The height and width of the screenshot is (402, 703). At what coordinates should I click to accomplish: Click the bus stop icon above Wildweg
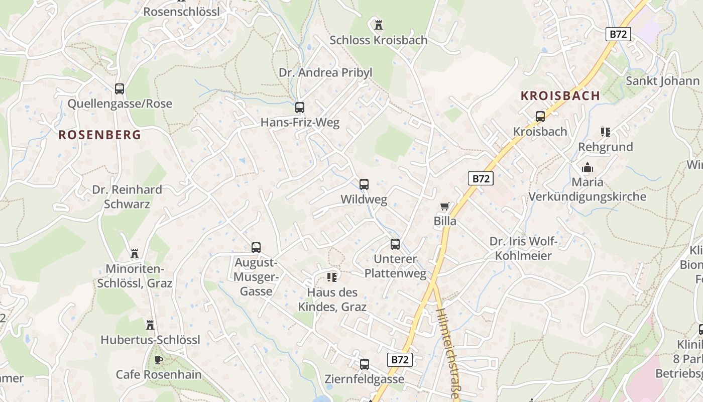(x=364, y=184)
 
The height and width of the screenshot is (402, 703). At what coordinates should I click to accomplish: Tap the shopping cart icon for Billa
(x=444, y=207)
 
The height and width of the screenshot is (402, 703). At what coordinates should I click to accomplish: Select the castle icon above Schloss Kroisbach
(x=379, y=24)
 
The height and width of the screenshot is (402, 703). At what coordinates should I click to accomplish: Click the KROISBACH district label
(x=560, y=95)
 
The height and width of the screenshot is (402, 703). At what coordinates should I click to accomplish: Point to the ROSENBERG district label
(x=99, y=135)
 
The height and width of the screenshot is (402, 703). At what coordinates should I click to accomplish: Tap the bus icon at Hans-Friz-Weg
(x=300, y=108)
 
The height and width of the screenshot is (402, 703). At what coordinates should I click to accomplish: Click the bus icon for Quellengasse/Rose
(x=120, y=89)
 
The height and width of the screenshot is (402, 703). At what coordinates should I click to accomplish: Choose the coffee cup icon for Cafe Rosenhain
(x=159, y=360)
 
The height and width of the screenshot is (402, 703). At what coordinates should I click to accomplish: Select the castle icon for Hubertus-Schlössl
(x=150, y=325)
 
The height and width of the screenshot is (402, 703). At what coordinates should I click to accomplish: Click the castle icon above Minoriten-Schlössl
(x=135, y=253)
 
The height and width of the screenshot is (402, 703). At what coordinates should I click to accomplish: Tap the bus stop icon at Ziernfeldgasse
(x=365, y=364)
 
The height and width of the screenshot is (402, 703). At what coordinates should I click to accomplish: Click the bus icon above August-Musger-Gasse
(x=256, y=248)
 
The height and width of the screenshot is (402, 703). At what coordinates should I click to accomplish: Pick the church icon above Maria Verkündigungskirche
(x=587, y=167)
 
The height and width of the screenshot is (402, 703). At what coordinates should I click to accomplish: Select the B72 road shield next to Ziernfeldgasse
(x=400, y=359)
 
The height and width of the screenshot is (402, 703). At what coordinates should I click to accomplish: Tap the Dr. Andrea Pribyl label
(x=325, y=72)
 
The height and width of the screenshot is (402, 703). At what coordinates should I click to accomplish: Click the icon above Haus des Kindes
(x=331, y=277)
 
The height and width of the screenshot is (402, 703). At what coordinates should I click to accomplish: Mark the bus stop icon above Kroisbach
(x=540, y=117)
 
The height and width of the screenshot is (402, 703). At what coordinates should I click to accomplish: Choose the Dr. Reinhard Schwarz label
(x=127, y=196)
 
